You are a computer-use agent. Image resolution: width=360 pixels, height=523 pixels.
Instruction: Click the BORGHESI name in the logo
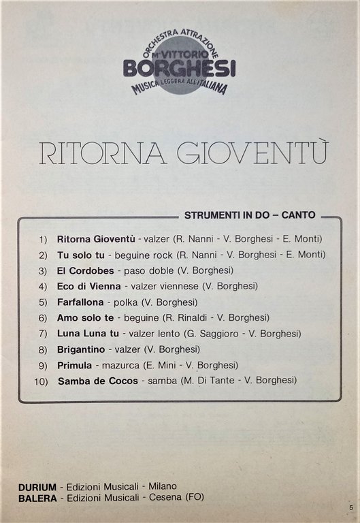(180, 67)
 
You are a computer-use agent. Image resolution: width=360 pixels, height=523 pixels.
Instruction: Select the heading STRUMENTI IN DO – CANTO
(250, 215)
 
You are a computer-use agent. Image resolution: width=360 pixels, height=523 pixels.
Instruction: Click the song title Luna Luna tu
(88, 333)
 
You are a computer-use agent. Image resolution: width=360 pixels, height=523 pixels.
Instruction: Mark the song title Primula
(74, 364)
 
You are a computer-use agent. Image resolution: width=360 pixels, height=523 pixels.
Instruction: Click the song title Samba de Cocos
(98, 380)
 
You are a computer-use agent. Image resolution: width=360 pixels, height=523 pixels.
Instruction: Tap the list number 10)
(41, 381)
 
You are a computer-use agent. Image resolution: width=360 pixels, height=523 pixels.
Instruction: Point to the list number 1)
(44, 239)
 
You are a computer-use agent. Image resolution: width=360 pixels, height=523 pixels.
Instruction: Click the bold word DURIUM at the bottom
(37, 486)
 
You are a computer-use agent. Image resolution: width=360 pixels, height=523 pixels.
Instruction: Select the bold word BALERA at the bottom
(37, 497)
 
